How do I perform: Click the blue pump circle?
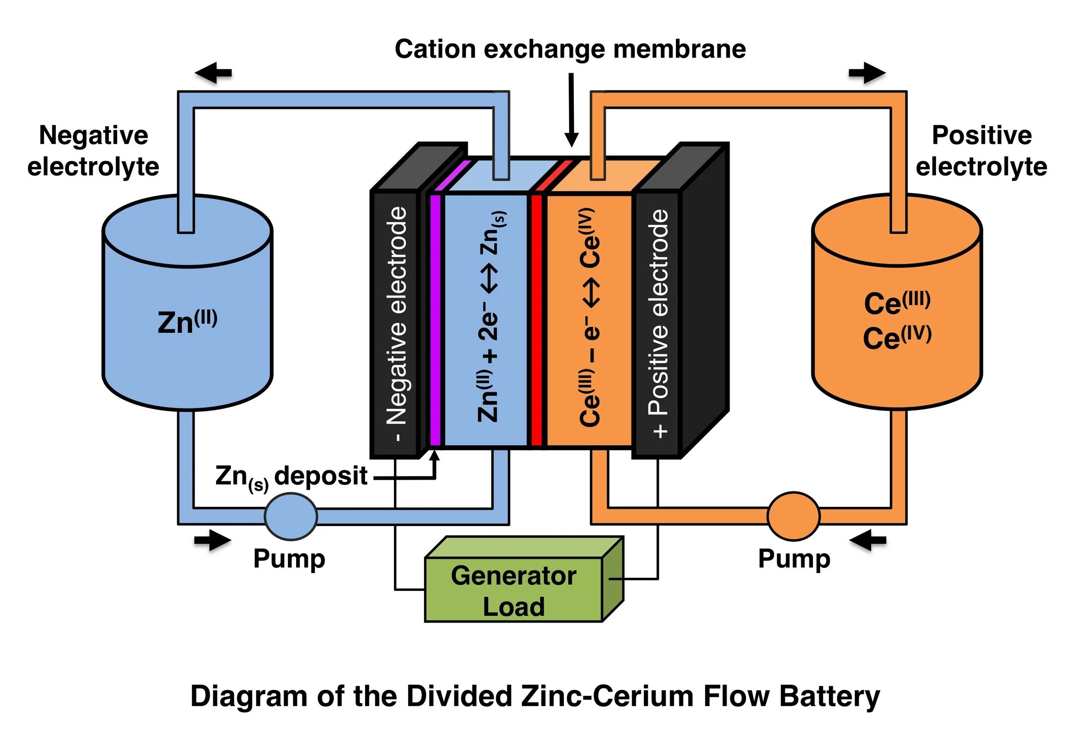point(290,516)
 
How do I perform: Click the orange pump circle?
point(793,516)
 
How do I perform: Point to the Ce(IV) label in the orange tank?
point(897,338)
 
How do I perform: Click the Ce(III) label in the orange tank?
point(897,303)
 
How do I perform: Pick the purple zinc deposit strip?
point(435,320)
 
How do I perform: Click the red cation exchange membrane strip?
point(536,320)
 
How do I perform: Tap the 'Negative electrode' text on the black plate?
point(396,322)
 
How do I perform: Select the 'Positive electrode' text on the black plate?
point(658,322)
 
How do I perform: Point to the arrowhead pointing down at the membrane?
point(571,139)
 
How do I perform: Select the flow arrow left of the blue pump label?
point(212,540)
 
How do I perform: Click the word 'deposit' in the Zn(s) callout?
point(320,476)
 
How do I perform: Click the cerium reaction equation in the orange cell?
point(590,318)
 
